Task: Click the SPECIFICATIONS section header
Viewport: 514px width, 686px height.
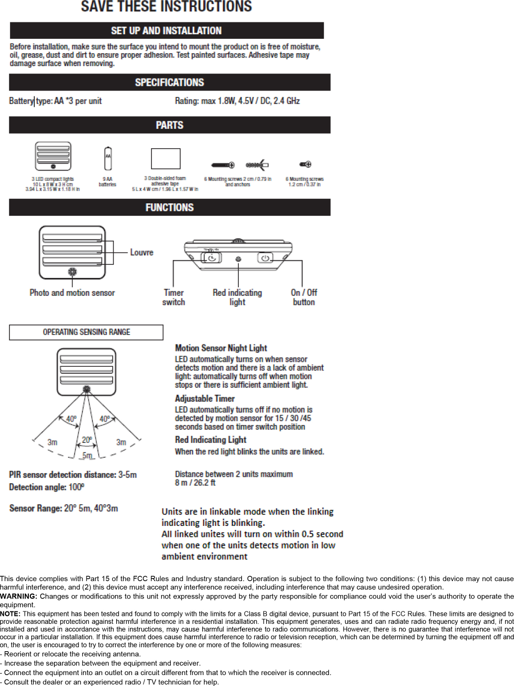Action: [169, 83]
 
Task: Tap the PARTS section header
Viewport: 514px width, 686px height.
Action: [169, 125]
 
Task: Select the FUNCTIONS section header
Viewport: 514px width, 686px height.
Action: [169, 207]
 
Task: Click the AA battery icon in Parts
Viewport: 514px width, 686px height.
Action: [108, 159]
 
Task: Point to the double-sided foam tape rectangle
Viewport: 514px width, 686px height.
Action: [165, 159]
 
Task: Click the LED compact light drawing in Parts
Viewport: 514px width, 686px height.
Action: [53, 156]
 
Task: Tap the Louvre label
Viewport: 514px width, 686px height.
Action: [142, 253]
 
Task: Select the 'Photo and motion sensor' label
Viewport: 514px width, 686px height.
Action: [72, 293]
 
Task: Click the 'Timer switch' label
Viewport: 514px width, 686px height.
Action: [174, 297]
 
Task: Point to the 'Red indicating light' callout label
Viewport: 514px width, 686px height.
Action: [237, 297]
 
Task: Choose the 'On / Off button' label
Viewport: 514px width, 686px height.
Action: [304, 297]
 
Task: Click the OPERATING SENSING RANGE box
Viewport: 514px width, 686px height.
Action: [86, 332]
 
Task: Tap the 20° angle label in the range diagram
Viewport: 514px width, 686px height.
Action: [87, 440]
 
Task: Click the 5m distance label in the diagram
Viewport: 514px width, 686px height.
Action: [87, 455]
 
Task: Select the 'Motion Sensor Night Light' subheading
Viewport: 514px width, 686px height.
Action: [221, 348]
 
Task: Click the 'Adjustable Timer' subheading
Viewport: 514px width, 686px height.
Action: [205, 399]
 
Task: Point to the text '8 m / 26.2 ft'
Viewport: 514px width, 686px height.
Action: [195, 483]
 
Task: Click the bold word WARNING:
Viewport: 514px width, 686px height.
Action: [19, 597]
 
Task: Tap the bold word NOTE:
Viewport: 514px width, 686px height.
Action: [10, 614]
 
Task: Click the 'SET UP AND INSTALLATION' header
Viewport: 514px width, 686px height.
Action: [166, 31]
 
